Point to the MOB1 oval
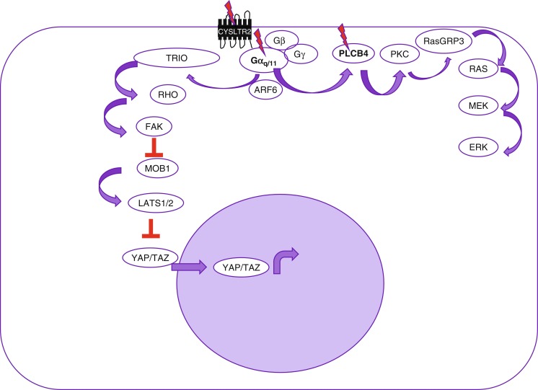[x=156, y=169]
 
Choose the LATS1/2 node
[x=158, y=205]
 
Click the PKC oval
[x=402, y=53]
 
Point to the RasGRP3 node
[x=444, y=41]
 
